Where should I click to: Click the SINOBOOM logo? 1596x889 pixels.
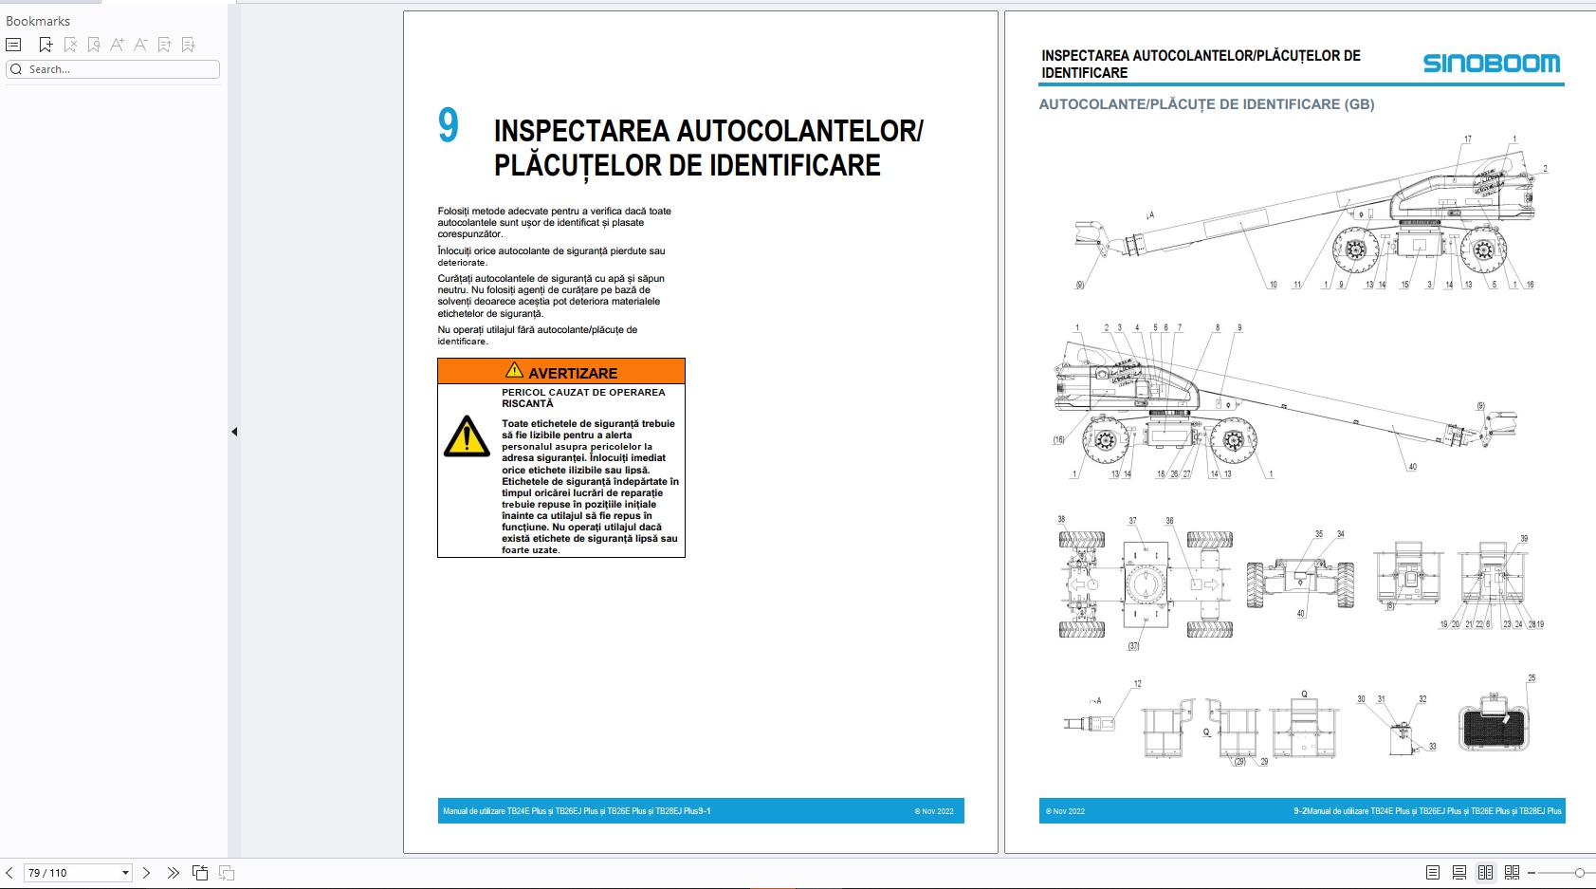coord(1491,64)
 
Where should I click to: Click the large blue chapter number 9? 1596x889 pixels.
coord(449,126)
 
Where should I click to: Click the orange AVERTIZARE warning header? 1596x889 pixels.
coord(561,371)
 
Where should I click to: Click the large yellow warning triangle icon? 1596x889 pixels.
coord(467,437)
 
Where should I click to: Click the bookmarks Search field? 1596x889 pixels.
coord(114,69)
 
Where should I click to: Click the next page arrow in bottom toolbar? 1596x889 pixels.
coord(146,873)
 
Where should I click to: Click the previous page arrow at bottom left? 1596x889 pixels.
coord(9,873)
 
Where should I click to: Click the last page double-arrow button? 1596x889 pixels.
coord(173,873)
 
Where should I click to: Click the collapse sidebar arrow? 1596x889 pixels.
coord(234,432)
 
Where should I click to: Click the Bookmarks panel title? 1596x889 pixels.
coord(38,21)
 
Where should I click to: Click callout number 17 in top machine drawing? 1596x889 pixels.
coord(1467,139)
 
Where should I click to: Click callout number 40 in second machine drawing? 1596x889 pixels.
coord(1412,467)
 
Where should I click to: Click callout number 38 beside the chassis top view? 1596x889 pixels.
coord(1061,519)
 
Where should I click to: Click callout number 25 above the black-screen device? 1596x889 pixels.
coord(1532,678)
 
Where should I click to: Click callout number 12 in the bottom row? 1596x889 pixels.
coord(1138,684)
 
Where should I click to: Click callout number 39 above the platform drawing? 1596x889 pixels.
coord(1524,539)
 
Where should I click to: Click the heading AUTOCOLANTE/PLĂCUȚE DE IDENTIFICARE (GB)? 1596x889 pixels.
coord(1206,104)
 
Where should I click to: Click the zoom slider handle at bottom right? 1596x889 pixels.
coord(1579,873)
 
